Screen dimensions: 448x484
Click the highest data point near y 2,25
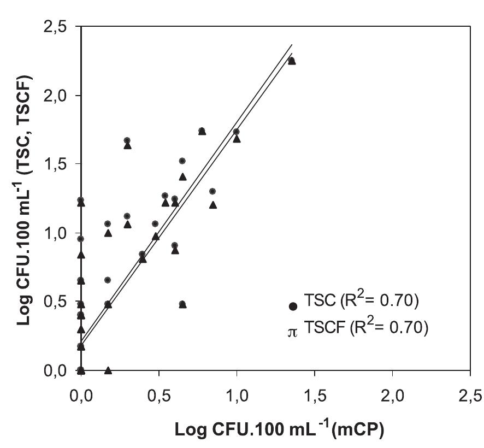(291, 61)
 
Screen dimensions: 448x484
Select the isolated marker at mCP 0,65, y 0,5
(182, 304)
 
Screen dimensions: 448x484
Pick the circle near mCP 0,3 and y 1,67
(127, 140)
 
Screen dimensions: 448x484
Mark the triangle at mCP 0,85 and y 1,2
(213, 205)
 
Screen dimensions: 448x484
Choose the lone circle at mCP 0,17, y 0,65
(108, 280)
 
